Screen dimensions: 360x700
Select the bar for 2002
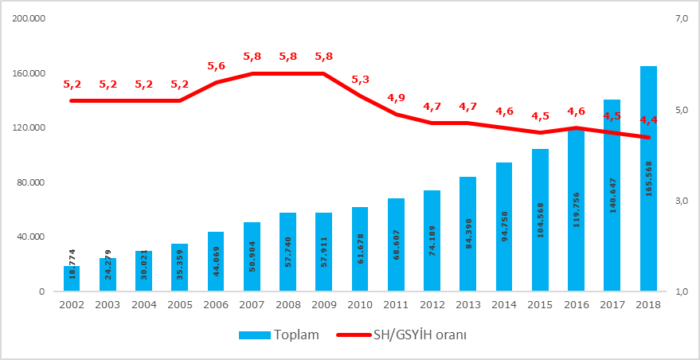[72, 278]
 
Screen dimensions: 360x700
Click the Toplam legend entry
[280, 335]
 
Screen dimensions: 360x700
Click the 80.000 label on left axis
[30, 182]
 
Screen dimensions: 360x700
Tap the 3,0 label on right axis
[681, 201]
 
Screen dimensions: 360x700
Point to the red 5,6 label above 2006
[216, 66]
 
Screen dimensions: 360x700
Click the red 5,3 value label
[360, 80]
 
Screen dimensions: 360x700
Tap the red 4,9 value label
[396, 98]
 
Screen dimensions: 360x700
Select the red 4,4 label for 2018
[648, 120]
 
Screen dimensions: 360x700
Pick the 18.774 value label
[72, 262]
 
